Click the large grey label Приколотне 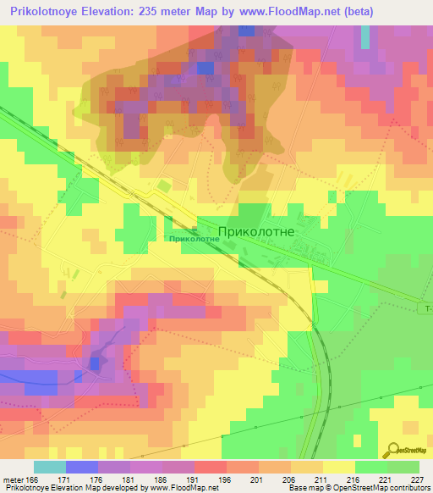[x=255, y=230]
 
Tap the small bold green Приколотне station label [x=195, y=240]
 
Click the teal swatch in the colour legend [x=49, y=467]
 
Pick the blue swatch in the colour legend [x=81, y=467]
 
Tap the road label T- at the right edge [x=428, y=309]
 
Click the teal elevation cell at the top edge [x=365, y=36]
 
